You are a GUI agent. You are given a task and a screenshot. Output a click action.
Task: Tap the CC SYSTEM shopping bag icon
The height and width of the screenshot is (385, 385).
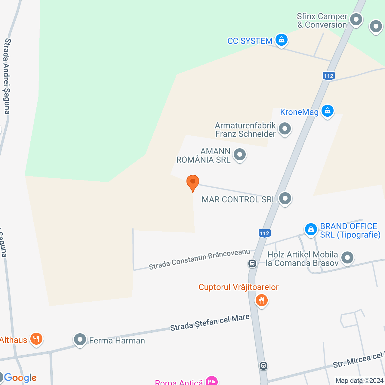[x=282, y=40]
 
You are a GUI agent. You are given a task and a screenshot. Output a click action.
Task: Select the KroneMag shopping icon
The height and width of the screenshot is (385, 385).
[x=327, y=111]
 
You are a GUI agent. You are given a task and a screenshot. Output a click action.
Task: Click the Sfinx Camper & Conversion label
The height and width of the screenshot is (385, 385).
[x=322, y=20]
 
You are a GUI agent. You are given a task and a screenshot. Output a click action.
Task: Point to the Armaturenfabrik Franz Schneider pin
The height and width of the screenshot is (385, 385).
[x=285, y=129]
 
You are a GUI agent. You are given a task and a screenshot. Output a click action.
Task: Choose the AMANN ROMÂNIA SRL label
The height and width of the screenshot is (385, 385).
[x=204, y=156]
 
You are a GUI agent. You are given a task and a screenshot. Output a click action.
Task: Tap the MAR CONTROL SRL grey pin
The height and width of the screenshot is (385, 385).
[x=285, y=198]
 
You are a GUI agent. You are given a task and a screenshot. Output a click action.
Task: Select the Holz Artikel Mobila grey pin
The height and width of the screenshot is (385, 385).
[x=347, y=258]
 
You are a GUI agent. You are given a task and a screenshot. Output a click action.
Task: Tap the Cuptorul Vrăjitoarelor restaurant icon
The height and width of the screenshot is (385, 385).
[x=261, y=300]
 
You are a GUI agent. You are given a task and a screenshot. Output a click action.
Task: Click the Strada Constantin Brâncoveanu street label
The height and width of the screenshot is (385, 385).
[x=199, y=259]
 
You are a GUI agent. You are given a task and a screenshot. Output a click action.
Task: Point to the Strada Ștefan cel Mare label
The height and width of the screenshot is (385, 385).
[x=210, y=322]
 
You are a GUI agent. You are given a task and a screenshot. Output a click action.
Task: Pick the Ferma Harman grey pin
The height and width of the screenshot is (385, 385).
[x=80, y=340]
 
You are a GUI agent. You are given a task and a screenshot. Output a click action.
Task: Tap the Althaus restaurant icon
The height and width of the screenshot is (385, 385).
[x=36, y=339]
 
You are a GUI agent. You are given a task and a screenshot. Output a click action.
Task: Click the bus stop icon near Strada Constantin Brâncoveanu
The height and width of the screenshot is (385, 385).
[x=252, y=264]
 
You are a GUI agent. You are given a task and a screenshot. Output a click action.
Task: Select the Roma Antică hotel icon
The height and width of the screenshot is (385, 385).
[x=212, y=381]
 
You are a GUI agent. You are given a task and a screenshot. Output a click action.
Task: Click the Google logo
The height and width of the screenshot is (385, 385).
[x=20, y=378]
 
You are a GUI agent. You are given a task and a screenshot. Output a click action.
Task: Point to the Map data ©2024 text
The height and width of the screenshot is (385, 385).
[x=359, y=381]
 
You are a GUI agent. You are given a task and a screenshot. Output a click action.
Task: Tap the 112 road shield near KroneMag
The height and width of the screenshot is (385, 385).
[x=328, y=76]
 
